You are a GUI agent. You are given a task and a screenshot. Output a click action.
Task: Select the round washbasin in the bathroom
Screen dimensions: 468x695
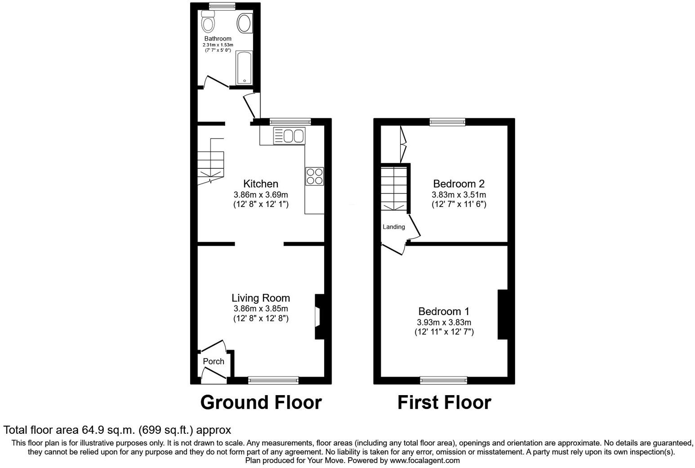pyautogui.click(x=244, y=23)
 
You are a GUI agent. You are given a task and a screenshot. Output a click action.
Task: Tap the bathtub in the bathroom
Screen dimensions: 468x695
pyautogui.click(x=244, y=67)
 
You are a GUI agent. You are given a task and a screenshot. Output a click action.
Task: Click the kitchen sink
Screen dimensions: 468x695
pyautogui.click(x=289, y=135)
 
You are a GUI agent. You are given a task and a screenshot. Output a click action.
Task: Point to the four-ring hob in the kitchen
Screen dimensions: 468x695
pyautogui.click(x=314, y=176)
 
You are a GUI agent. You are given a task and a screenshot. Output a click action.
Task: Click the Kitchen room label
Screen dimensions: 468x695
pyautogui.click(x=261, y=184)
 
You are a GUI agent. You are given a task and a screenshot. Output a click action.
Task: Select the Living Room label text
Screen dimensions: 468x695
pyautogui.click(x=261, y=298)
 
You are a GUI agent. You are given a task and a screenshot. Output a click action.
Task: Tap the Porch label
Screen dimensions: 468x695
pyautogui.click(x=214, y=361)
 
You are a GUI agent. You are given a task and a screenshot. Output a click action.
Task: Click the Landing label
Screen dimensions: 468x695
pyautogui.click(x=394, y=227)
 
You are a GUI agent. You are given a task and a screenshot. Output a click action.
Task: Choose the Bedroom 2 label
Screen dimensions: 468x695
pyautogui.click(x=459, y=184)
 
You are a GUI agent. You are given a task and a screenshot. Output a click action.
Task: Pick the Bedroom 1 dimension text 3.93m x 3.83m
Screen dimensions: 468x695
pyautogui.click(x=444, y=322)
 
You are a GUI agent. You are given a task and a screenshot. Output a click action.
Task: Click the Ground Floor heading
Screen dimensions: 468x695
pyautogui.click(x=261, y=402)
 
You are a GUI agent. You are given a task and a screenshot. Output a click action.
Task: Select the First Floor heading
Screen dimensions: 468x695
pyautogui.click(x=444, y=402)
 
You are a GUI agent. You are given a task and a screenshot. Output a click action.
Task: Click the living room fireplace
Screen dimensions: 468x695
pyautogui.click(x=319, y=316)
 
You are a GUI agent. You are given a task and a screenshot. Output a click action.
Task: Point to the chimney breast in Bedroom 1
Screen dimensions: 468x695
pyautogui.click(x=502, y=314)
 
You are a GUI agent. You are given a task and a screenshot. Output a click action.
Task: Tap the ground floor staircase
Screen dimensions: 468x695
pyautogui.click(x=210, y=164)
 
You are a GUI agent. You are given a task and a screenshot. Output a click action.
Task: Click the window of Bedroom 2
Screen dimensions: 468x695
pyautogui.click(x=447, y=121)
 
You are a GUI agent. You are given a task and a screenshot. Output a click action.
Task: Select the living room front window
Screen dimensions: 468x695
pyautogui.click(x=273, y=380)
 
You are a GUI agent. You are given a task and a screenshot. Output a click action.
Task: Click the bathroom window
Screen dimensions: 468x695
pyautogui.click(x=222, y=5)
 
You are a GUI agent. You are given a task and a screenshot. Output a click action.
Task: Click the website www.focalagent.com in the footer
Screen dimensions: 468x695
pyautogui.click(x=425, y=460)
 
